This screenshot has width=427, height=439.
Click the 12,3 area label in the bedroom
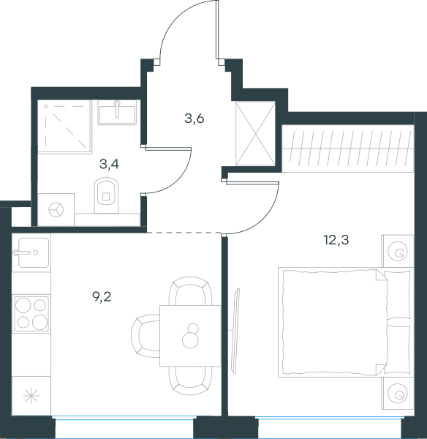(x=336, y=240)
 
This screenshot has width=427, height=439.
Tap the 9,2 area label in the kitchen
(x=102, y=297)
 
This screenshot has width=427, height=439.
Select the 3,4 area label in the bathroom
(x=109, y=164)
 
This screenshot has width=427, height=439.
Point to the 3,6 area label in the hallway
(x=194, y=119)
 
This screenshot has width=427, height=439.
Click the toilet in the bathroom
(x=107, y=195)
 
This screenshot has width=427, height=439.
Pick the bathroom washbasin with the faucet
(x=117, y=112)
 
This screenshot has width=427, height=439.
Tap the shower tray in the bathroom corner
(x=64, y=127)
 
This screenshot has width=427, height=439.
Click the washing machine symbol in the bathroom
(x=56, y=209)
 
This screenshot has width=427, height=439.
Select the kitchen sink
(x=31, y=252)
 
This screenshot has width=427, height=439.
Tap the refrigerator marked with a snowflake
(x=31, y=396)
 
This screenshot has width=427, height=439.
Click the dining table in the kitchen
(x=191, y=336)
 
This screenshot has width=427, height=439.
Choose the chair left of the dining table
(x=146, y=336)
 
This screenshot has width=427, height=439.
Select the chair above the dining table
(x=190, y=291)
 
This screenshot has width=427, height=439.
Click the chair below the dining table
(x=190, y=380)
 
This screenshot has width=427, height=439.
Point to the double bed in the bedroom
(x=346, y=322)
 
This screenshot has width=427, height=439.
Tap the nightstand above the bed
(x=398, y=251)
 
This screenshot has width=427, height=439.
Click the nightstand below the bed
(x=398, y=394)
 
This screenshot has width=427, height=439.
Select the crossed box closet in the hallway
(x=255, y=134)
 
